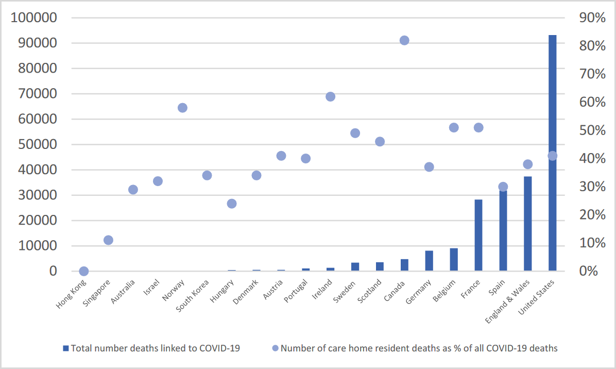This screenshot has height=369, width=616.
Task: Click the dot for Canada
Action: pyautogui.click(x=404, y=40)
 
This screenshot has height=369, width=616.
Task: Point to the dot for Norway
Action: pyautogui.click(x=182, y=108)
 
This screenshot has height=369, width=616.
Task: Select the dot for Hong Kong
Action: pyautogui.click(x=83, y=271)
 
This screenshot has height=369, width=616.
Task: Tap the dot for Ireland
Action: pyautogui.click(x=331, y=97)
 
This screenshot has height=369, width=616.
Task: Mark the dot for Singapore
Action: pyautogui.click(x=108, y=240)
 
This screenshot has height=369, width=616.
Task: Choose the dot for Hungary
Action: pyautogui.click(x=232, y=204)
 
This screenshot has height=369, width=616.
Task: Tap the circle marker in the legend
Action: pyautogui.click(x=275, y=348)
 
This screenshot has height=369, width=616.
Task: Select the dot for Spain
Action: pyautogui.click(x=503, y=187)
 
